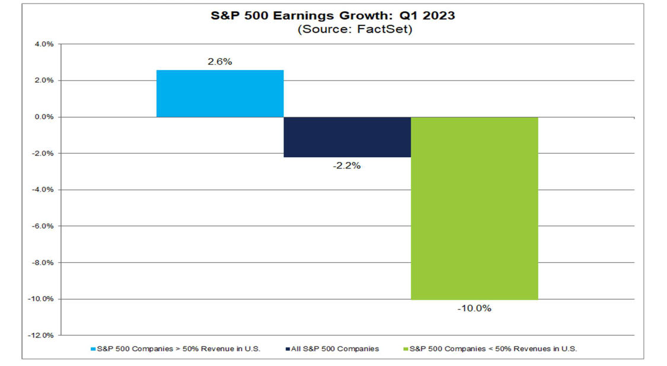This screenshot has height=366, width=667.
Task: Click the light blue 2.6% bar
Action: (x=219, y=94)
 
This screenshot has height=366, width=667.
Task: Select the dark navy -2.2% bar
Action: (x=347, y=137)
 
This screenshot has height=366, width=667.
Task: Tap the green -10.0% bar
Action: (x=474, y=208)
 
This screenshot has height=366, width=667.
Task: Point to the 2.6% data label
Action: (x=219, y=62)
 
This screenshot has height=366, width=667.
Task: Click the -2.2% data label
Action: (x=347, y=166)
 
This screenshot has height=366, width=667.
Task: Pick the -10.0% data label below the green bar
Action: (x=474, y=308)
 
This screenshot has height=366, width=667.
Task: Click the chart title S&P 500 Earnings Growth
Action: (x=333, y=16)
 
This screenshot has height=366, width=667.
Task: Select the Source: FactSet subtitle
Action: (x=355, y=29)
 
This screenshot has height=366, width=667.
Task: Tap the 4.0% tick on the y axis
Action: (x=43, y=44)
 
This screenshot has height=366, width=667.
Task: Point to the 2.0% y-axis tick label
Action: (x=43, y=81)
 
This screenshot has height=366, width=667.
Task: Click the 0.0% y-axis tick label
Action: (x=43, y=117)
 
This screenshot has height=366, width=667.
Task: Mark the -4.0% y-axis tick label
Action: (x=42, y=190)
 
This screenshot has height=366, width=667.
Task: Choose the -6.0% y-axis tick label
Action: (x=42, y=226)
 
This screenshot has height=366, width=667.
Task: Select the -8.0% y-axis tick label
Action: (x=42, y=263)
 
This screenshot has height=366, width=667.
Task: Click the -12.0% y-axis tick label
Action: (x=40, y=335)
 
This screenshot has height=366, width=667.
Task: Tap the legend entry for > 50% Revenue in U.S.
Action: (x=178, y=349)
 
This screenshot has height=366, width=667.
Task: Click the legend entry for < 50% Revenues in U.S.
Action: (x=493, y=349)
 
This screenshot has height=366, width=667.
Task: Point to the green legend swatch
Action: (x=406, y=349)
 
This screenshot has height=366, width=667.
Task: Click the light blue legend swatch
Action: (x=93, y=349)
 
